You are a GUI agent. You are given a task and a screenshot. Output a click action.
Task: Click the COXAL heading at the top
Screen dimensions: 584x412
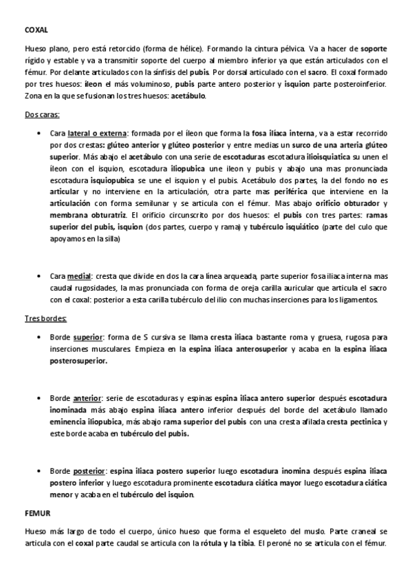coord(36,31)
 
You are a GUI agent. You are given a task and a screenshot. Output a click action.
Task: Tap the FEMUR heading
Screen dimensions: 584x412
coord(36,514)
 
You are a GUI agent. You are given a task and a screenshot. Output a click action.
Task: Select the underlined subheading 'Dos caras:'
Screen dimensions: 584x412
coord(41,114)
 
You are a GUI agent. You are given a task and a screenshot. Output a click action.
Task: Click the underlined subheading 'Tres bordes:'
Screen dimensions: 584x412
coord(45,319)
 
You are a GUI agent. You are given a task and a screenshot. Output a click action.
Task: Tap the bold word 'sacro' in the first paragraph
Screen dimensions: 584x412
coord(317,72)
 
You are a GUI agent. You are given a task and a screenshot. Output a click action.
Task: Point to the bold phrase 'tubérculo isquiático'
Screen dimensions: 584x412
coord(282,228)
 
